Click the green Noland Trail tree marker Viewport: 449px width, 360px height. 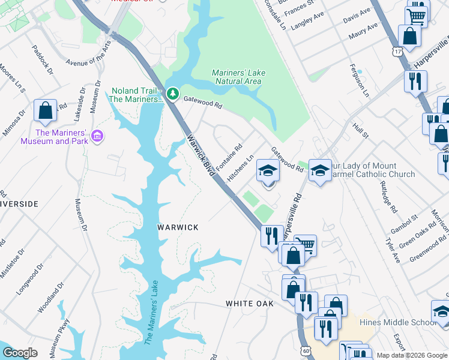(173, 94)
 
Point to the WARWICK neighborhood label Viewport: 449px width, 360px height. (178, 227)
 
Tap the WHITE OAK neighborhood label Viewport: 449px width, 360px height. (250, 304)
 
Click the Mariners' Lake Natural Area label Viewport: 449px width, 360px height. (238, 77)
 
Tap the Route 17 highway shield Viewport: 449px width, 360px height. (397, 53)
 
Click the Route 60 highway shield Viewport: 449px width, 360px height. (306, 349)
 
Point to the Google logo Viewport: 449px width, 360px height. (19, 353)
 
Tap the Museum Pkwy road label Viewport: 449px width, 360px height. (64, 338)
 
